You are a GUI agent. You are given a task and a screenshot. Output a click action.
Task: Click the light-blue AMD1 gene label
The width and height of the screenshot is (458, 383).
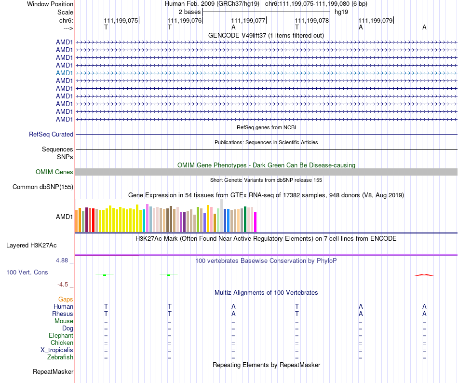65,73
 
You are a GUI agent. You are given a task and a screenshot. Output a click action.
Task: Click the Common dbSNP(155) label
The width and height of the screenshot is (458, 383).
43,187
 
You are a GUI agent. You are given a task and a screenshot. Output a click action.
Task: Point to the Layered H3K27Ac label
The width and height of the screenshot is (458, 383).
31,246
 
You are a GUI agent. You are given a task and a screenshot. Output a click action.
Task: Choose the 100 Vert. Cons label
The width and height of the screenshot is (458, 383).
27,273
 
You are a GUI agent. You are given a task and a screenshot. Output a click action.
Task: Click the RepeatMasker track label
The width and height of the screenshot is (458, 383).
53,372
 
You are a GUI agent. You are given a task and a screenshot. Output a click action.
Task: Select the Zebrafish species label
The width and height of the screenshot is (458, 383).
60,357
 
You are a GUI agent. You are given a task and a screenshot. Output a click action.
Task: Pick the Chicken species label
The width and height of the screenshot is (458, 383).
62,343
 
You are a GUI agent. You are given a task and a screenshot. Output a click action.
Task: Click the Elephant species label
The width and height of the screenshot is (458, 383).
61,336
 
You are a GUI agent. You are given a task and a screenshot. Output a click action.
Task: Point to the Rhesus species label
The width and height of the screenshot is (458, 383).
63,314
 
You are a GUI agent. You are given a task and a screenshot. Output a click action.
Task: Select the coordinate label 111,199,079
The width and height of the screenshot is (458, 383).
376,21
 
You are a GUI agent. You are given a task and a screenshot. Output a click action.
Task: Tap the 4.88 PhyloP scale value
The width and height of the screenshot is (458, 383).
64,260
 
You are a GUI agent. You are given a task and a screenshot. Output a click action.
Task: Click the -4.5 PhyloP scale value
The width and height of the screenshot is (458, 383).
66,285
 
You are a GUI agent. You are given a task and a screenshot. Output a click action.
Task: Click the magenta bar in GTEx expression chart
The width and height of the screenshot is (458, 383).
256,222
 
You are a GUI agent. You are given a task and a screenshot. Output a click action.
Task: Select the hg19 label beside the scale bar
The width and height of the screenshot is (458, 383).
341,11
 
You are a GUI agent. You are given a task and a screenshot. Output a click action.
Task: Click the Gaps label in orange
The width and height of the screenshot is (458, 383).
66,300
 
